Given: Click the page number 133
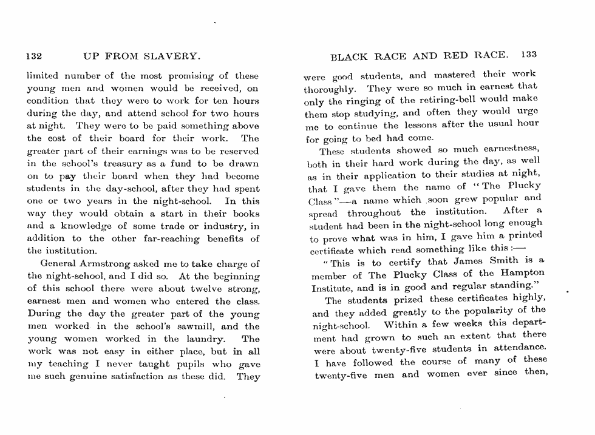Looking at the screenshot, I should coord(528,55).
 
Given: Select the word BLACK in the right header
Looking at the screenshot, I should coord(349,56).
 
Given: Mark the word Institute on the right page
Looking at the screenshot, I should coord(330,288).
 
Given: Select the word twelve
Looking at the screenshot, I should coord(193,289).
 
